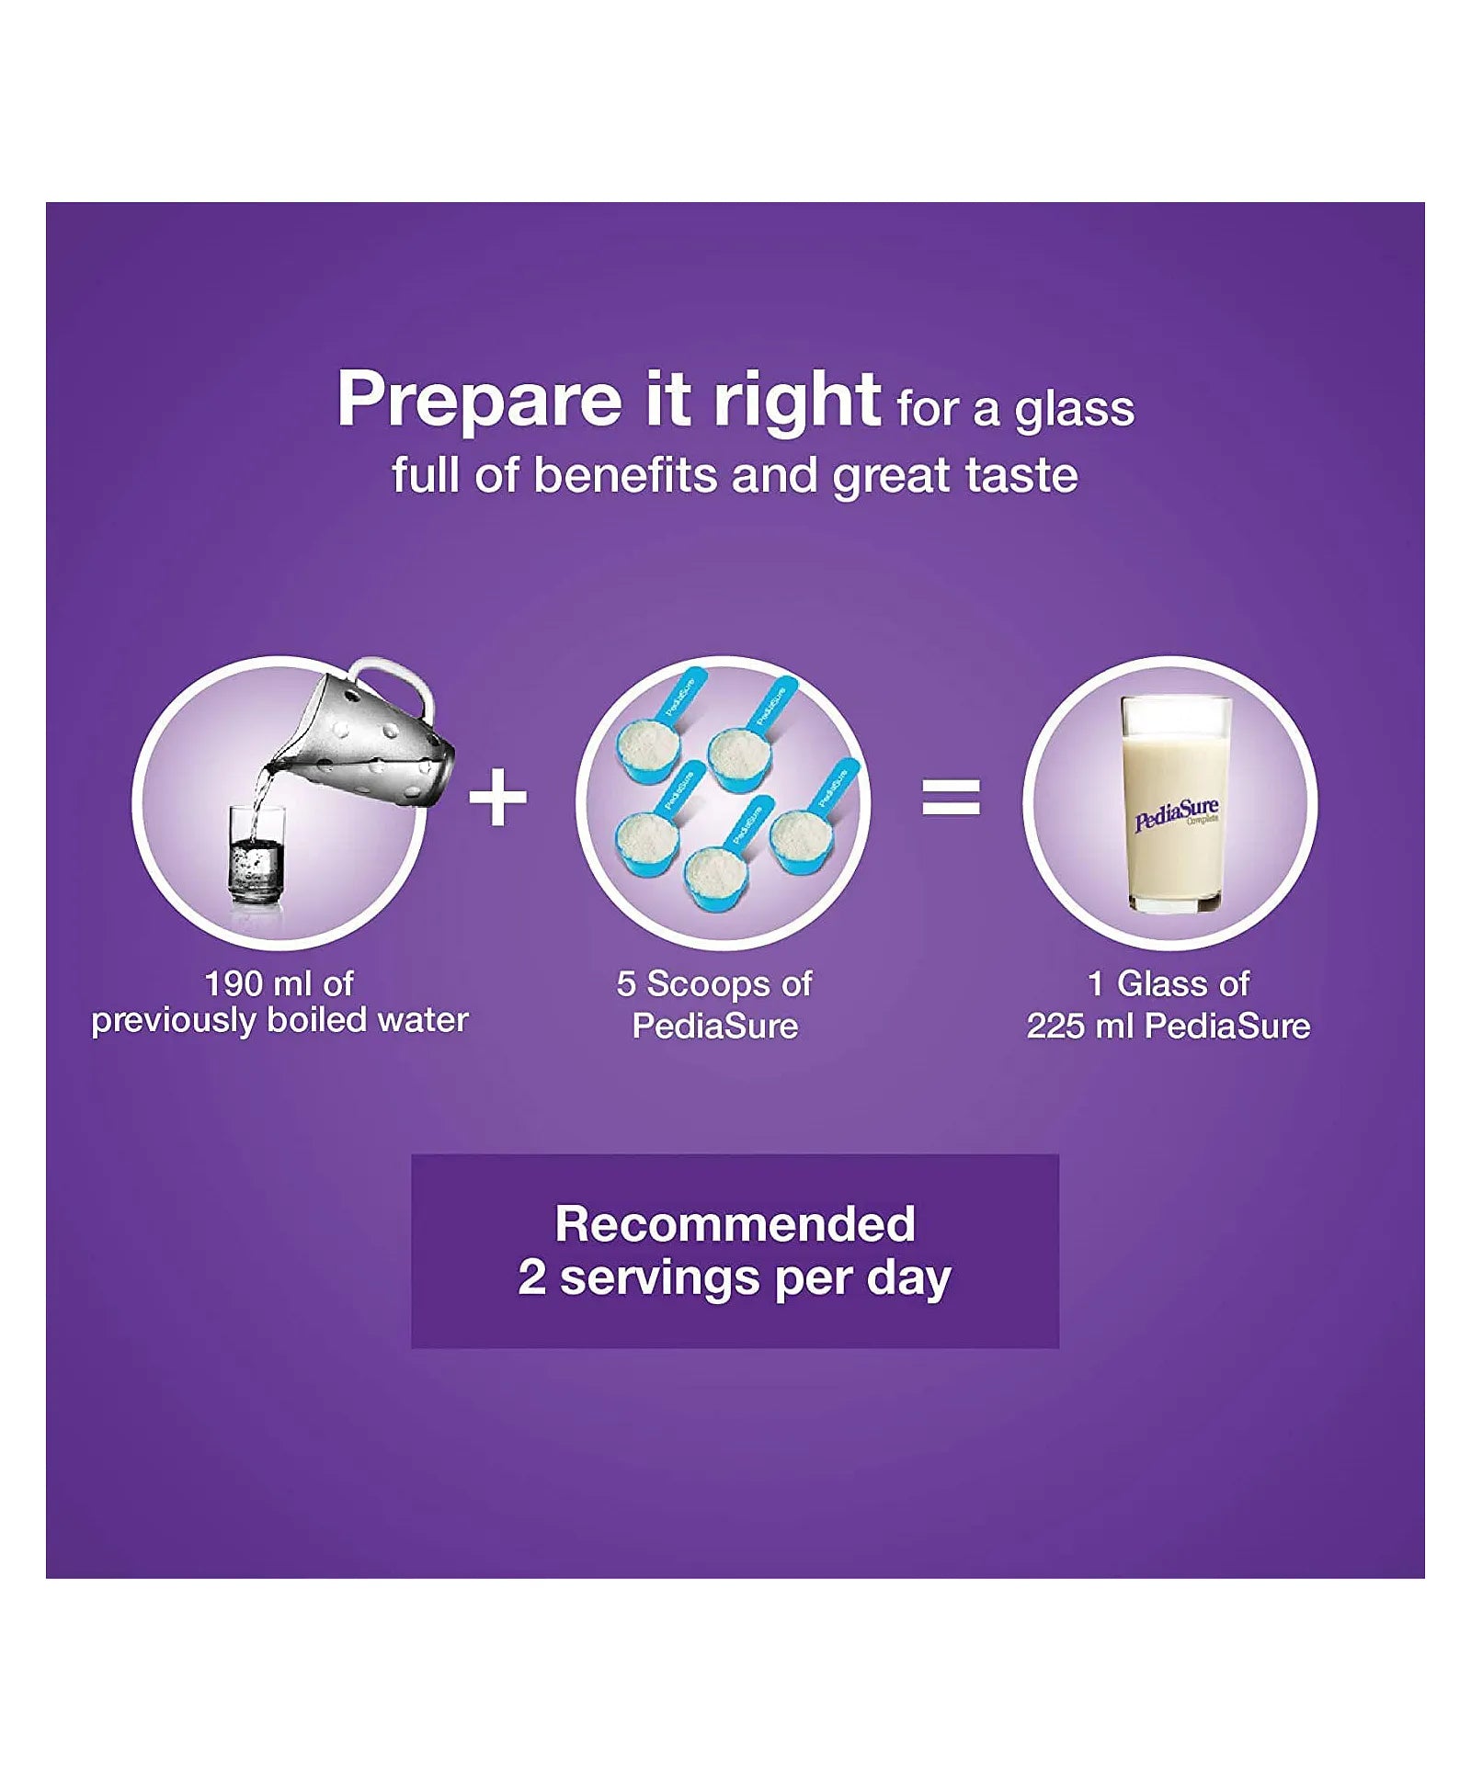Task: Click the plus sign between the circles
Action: coord(497,798)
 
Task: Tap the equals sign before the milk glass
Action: coord(951,798)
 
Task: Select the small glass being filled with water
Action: coord(257,854)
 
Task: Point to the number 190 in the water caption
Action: coord(234,984)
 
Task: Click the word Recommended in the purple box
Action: coord(735,1224)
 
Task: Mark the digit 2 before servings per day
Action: coord(531,1277)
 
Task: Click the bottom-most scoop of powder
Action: coord(722,864)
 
